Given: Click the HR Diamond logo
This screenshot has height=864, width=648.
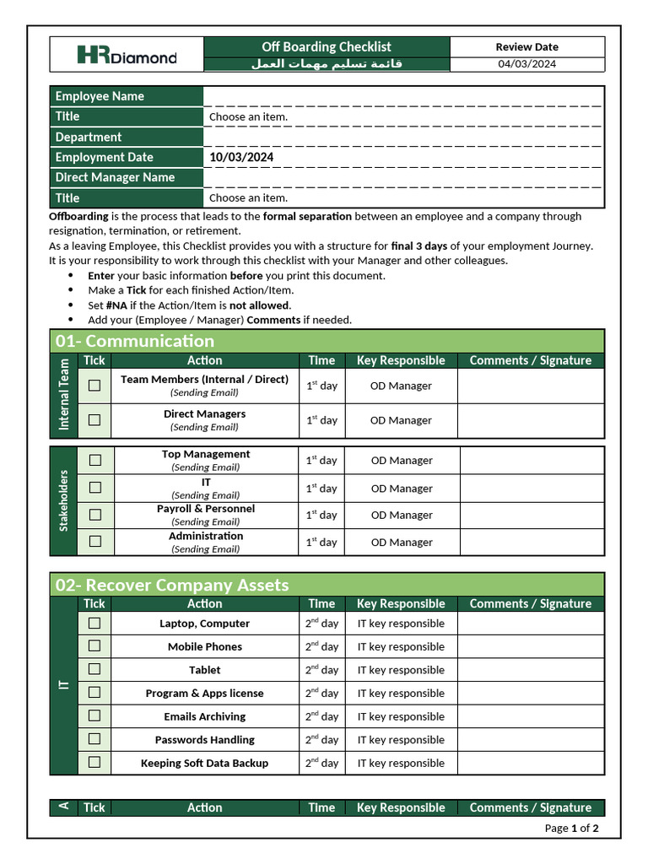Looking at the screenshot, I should [127, 56].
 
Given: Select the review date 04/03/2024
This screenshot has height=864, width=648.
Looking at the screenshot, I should [526, 64].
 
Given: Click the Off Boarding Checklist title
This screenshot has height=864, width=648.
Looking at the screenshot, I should [327, 47].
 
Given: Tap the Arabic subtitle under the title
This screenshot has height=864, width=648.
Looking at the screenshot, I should [327, 64].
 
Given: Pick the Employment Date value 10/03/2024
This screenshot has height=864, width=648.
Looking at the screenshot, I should [241, 157].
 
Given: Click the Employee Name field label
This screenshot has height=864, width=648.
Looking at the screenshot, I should [100, 96].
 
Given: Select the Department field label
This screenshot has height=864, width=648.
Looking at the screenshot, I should [89, 137].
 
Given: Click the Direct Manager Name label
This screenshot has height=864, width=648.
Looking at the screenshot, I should [115, 177].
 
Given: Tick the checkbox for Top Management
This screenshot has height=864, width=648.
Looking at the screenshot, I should [95, 460].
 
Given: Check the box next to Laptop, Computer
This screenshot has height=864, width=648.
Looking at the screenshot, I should [94, 623].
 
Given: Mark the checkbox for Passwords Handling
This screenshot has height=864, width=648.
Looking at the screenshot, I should [94, 739].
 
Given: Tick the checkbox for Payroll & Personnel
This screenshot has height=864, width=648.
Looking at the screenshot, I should [95, 514].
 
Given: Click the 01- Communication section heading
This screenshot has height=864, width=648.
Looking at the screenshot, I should [135, 341].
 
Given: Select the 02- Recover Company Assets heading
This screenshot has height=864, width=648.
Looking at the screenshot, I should [172, 585].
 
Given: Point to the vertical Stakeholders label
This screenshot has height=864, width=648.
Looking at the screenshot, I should [63, 500].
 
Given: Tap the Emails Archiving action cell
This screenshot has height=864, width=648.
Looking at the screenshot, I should [205, 716].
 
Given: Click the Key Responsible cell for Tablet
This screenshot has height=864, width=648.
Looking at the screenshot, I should [401, 670].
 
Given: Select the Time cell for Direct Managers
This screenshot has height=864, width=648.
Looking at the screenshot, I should [321, 420].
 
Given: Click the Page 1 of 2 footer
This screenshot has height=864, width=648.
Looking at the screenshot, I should [571, 828].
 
